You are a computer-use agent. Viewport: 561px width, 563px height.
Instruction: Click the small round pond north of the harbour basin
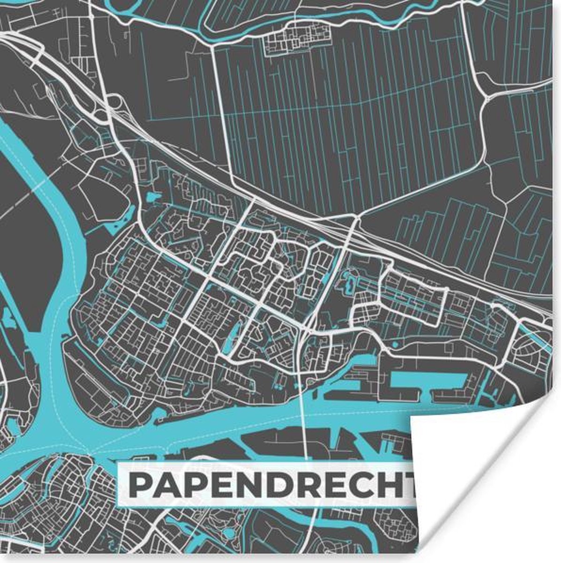pyautogui.click(x=395, y=345)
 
